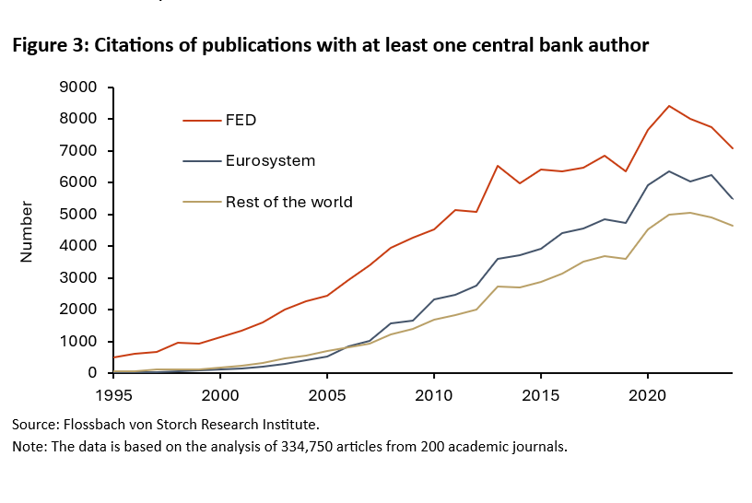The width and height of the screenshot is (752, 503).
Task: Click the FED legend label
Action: click(241, 120)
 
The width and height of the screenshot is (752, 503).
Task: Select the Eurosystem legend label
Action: click(270, 160)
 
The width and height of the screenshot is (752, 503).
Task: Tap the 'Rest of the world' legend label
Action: click(288, 202)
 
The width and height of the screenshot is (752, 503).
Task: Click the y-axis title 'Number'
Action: click(27, 231)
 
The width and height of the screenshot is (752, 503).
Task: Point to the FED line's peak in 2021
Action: click(669, 106)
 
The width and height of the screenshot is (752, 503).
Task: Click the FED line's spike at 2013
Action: click(498, 166)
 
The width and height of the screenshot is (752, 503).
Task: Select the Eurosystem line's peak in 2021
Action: click(669, 171)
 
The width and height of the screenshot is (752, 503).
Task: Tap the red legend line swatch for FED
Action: click(202, 120)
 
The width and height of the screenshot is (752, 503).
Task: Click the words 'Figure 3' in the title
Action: click(45, 44)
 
